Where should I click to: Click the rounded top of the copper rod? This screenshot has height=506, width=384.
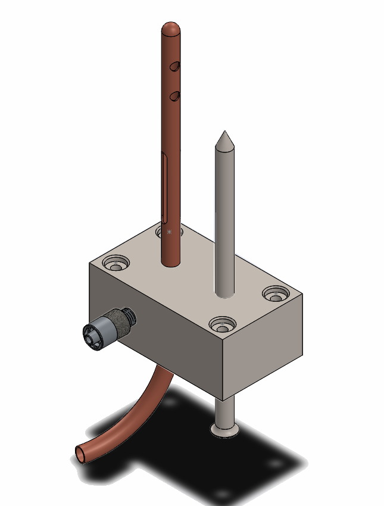(x=171, y=27)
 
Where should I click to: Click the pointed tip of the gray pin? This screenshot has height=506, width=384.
(x=224, y=133)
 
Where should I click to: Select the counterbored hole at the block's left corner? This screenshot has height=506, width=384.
(x=115, y=262)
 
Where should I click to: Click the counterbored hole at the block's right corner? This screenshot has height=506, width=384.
(x=276, y=293)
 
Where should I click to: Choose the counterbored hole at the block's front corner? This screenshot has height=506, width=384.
(x=223, y=325)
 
